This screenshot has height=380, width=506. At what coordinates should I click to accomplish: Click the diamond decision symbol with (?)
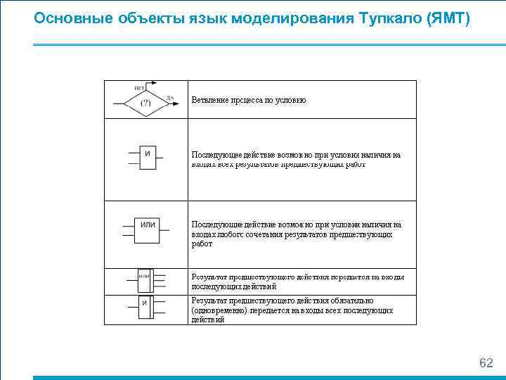pyautogui.click(x=145, y=103)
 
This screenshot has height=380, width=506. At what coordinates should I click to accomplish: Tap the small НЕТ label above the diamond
pyautogui.click(x=139, y=88)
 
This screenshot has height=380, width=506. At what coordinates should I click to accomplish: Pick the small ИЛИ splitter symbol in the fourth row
pyautogui.click(x=145, y=281)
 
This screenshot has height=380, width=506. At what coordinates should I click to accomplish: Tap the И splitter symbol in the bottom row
pyautogui.click(x=145, y=308)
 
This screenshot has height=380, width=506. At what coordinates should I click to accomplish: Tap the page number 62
pyautogui.click(x=486, y=363)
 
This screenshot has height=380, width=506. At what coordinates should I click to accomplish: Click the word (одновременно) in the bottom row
pyautogui.click(x=214, y=310)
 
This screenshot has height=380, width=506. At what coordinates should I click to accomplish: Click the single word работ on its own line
pyautogui.click(x=202, y=243)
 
